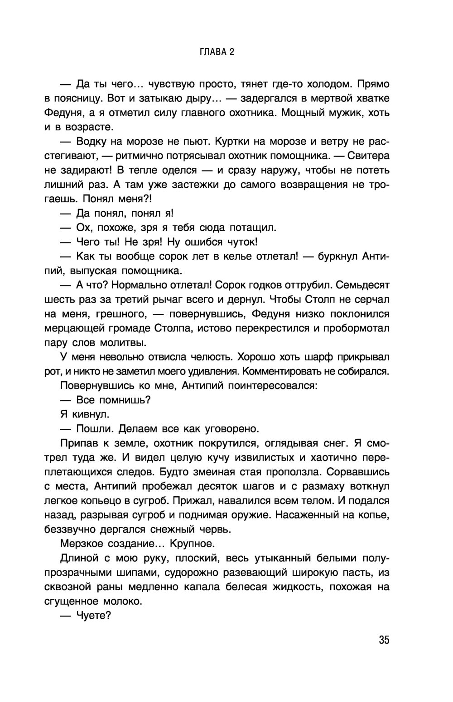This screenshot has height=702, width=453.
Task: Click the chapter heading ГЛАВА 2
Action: coord(217,52)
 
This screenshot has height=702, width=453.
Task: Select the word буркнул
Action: coord(337,257)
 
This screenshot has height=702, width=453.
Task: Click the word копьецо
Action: coord(100,501)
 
